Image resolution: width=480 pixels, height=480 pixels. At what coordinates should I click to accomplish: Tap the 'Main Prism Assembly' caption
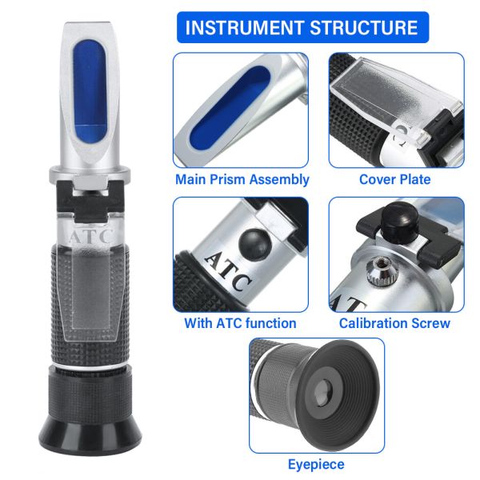coord(242,180)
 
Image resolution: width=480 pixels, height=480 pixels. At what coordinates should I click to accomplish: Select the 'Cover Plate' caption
coord(394,180)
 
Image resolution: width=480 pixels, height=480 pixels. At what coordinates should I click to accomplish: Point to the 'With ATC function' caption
coord(240,323)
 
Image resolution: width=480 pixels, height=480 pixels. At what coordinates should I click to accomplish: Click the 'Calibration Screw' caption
coord(394,323)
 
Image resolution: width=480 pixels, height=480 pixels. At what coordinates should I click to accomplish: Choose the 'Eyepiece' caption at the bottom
coord(316,464)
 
